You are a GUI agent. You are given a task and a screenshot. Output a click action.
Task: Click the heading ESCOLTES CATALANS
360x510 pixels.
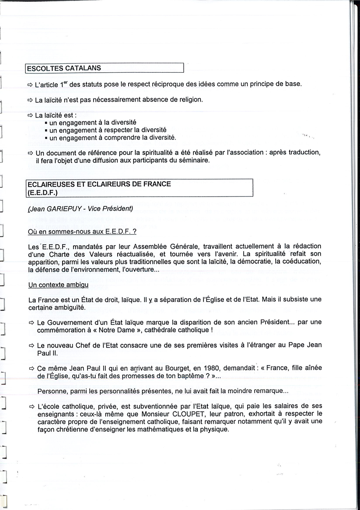(x=64, y=68)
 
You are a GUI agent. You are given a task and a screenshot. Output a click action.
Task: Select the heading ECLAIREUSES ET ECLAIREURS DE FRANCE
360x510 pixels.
(x=99, y=184)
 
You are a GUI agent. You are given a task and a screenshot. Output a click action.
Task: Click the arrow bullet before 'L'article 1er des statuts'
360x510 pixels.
(x=30, y=84)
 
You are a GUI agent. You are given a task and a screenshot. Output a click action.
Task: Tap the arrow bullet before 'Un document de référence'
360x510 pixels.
(x=30, y=153)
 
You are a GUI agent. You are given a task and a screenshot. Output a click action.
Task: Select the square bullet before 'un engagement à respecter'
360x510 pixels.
(x=46, y=130)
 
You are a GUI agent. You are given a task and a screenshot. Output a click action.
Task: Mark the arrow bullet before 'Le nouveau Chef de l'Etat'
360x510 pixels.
(x=31, y=345)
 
